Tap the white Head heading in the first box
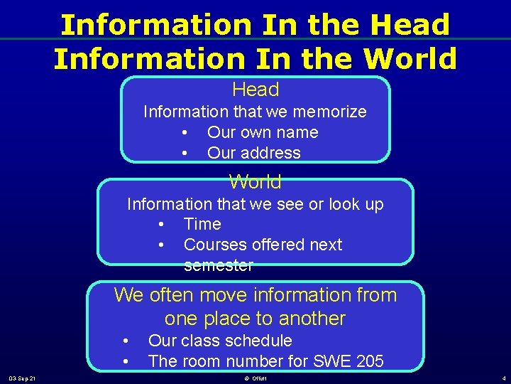pyautogui.click(x=255, y=90)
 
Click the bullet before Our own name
pyautogui.click(x=185, y=133)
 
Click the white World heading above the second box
pyautogui.click(x=255, y=182)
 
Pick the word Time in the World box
pyautogui.click(x=202, y=224)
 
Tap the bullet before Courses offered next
pyautogui.click(x=161, y=245)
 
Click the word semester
pyautogui.click(x=219, y=266)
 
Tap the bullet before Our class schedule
pyautogui.click(x=125, y=341)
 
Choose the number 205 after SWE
pyautogui.click(x=369, y=361)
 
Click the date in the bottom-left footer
pyautogui.click(x=23, y=378)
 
